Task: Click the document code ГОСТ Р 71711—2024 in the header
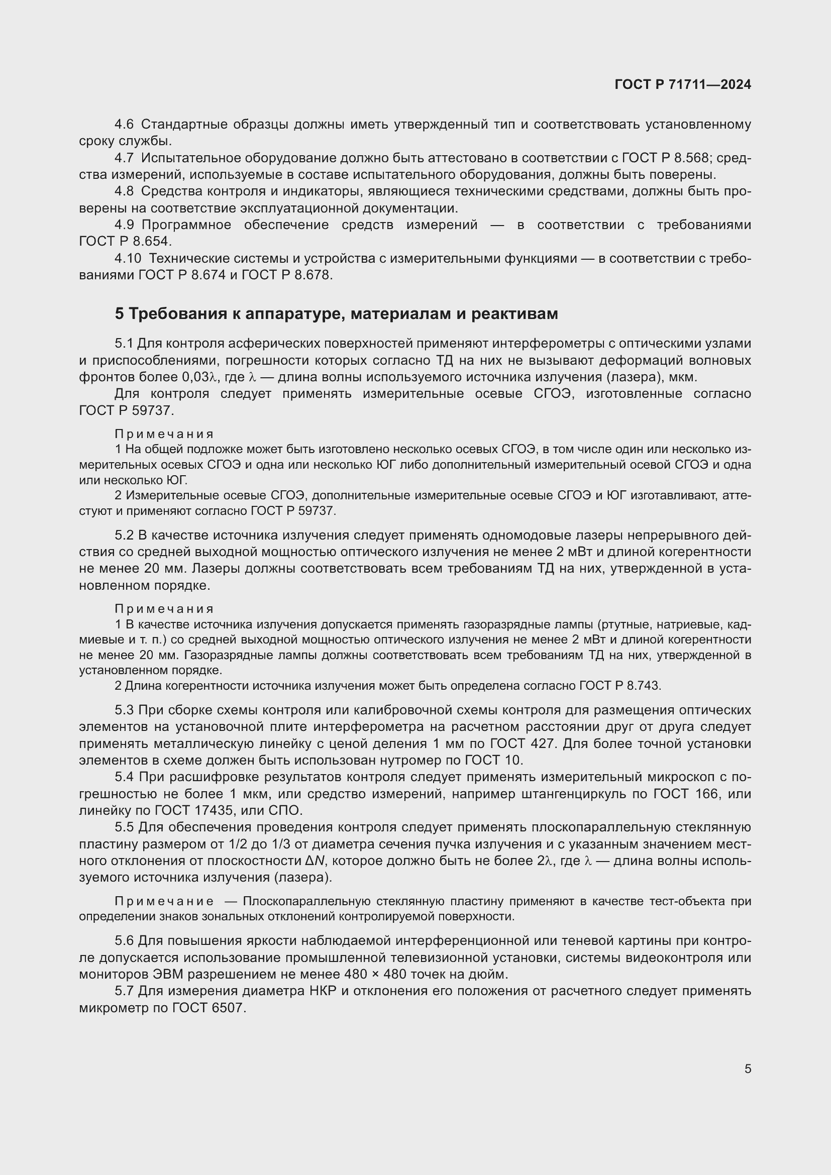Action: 683,84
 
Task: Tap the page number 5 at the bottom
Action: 748,1069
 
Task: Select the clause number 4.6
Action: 124,125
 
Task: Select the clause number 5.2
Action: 124,536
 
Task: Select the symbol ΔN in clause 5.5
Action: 315,861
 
